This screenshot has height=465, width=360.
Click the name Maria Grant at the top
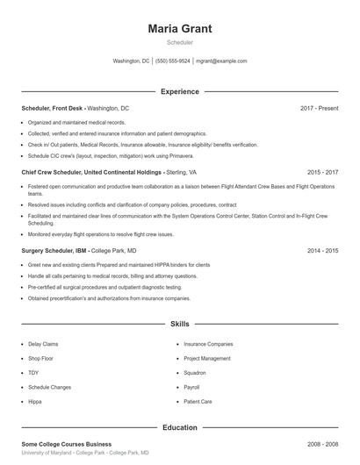[180, 28]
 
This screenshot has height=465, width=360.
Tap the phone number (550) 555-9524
[173, 61]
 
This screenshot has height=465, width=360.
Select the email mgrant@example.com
[221, 61]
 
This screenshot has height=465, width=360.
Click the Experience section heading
[180, 91]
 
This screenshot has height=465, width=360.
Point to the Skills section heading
[180, 324]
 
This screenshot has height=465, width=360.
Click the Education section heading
[180, 427]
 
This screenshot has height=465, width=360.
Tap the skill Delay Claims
[43, 344]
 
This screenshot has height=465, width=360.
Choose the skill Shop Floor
[41, 358]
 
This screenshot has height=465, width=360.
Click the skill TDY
[33, 372]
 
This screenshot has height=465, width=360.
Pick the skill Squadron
[195, 372]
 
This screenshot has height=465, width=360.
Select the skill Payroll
[191, 386]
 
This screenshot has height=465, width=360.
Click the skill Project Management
[207, 358]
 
